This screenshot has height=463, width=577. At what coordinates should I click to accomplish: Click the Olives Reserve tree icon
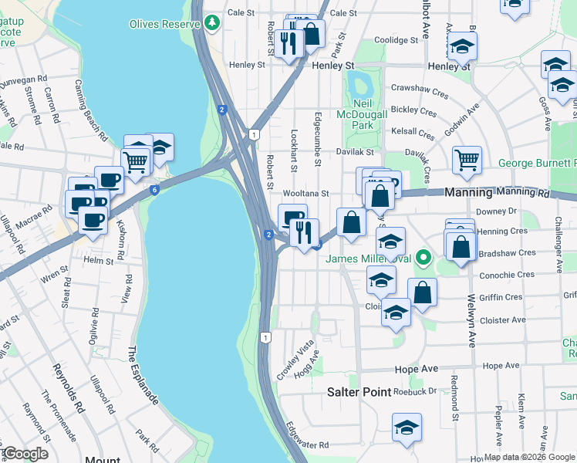213,23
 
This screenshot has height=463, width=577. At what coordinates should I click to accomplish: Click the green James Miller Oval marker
422,258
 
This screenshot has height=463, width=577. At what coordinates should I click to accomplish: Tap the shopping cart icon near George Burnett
467,161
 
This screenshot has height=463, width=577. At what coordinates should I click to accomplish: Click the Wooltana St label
306,194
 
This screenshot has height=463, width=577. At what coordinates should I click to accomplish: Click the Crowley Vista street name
295,361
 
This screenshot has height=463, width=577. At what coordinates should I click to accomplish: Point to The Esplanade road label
143,376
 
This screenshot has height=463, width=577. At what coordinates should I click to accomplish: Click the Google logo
25,454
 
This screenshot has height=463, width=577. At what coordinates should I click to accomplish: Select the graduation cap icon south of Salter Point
407,428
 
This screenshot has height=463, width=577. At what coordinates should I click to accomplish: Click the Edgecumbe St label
317,140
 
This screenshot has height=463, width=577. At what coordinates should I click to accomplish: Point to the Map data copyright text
529,457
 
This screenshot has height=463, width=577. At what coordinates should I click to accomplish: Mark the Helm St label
98,261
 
